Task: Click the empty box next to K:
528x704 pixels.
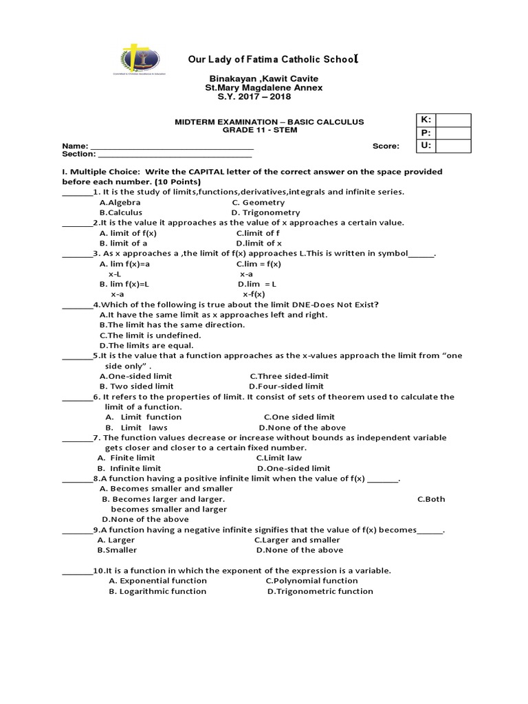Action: tap(453, 121)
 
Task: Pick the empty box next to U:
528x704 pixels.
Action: tap(453, 145)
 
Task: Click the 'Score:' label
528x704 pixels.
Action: tap(386, 146)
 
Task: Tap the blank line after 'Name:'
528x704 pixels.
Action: tap(172, 147)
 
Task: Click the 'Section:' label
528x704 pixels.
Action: tap(78, 155)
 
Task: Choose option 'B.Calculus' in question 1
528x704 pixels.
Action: tap(121, 212)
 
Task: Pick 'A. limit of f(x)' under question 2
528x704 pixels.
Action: tap(128, 233)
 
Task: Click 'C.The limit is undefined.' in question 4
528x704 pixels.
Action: tap(150, 335)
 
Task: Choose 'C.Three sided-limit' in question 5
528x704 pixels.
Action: tap(289, 376)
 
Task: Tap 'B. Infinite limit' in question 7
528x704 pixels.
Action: tap(129, 468)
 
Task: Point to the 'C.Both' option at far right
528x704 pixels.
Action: tap(431, 499)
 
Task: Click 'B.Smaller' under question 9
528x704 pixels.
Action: tap(117, 550)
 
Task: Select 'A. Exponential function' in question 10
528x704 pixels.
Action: tap(158, 581)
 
